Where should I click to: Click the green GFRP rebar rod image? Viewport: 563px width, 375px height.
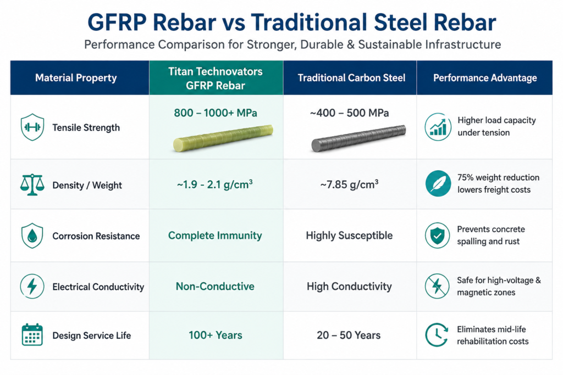click(223, 138)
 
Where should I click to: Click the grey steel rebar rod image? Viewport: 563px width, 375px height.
click(358, 138)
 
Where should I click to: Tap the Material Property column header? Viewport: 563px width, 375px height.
click(76, 78)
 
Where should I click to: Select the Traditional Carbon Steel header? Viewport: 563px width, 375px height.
click(351, 78)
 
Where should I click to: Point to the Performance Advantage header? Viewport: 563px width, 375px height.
click(485, 78)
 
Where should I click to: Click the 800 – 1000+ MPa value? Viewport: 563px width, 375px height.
click(216, 113)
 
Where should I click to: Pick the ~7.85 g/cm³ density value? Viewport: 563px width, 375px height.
click(349, 184)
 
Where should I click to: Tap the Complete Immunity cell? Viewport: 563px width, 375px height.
click(215, 236)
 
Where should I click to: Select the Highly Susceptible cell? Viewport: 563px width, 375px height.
click(349, 236)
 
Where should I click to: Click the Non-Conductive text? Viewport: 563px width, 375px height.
click(215, 287)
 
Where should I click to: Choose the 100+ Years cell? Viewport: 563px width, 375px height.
click(216, 335)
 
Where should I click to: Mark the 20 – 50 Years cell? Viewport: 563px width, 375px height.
click(349, 335)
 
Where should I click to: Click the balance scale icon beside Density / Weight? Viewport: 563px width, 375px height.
click(32, 184)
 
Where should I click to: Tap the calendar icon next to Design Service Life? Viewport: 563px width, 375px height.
click(32, 334)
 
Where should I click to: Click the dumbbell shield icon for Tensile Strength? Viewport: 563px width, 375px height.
click(32, 127)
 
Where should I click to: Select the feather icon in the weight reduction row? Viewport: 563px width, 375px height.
click(438, 183)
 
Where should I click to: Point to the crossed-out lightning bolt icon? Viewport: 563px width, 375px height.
click(437, 286)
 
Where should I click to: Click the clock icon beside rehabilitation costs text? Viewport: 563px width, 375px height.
click(437, 335)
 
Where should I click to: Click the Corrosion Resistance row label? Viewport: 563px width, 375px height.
click(96, 236)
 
